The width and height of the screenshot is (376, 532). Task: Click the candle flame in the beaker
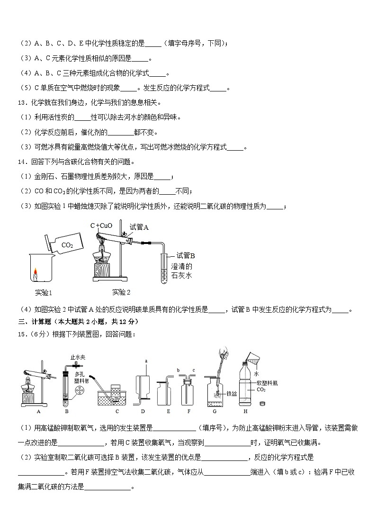coord(35,271)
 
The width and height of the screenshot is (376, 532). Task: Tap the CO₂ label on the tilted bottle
coord(67,245)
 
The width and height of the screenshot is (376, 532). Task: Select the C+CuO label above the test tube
coord(101,225)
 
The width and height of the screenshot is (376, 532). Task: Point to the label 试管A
coord(139,227)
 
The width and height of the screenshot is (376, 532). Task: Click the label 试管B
coord(185,256)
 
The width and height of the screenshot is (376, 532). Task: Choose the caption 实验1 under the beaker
coord(44,292)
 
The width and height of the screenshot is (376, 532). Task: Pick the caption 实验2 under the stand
coord(121,292)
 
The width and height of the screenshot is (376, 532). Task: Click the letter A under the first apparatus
coord(38,411)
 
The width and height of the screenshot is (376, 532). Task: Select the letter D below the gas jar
coord(143,411)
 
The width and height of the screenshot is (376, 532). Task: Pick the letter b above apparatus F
coord(178,370)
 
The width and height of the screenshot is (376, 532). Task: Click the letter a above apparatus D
coord(146,361)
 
